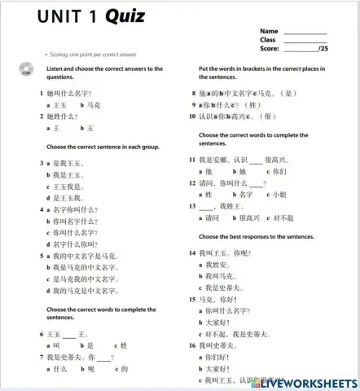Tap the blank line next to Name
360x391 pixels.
point(305,32)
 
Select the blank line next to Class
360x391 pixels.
point(305,39)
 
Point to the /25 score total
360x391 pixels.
point(323,48)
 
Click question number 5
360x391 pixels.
point(41,256)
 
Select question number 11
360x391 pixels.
point(192,160)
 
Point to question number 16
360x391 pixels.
point(192,345)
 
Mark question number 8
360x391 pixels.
point(193,94)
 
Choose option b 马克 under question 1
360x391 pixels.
point(91,105)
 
